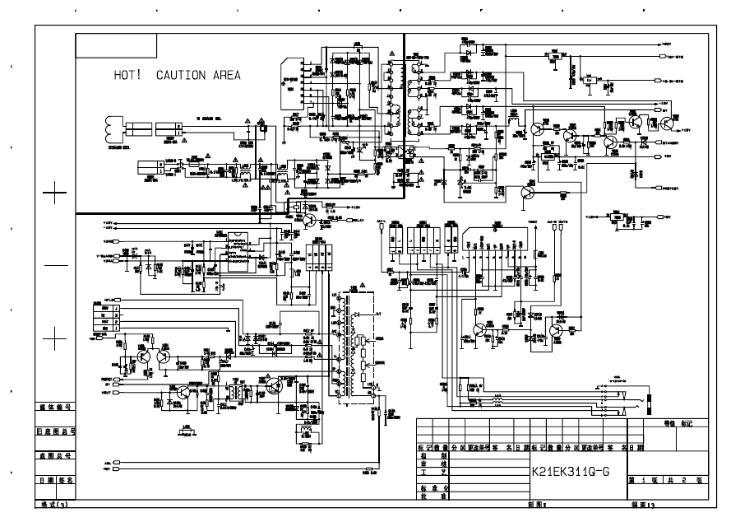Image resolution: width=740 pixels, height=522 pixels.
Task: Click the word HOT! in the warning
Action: [127, 75]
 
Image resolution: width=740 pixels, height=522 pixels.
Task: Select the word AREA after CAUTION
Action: [226, 75]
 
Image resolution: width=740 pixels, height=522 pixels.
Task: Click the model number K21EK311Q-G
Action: [571, 472]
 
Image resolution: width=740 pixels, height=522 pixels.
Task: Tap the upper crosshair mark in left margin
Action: [55, 195]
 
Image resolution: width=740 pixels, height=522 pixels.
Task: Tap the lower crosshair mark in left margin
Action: [55, 338]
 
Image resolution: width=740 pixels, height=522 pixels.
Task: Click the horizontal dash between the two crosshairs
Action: [55, 267]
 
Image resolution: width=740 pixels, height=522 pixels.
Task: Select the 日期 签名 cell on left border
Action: [55, 479]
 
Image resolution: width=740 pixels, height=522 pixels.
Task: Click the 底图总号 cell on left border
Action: [55, 454]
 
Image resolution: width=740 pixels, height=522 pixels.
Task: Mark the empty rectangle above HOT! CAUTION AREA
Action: [117, 45]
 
